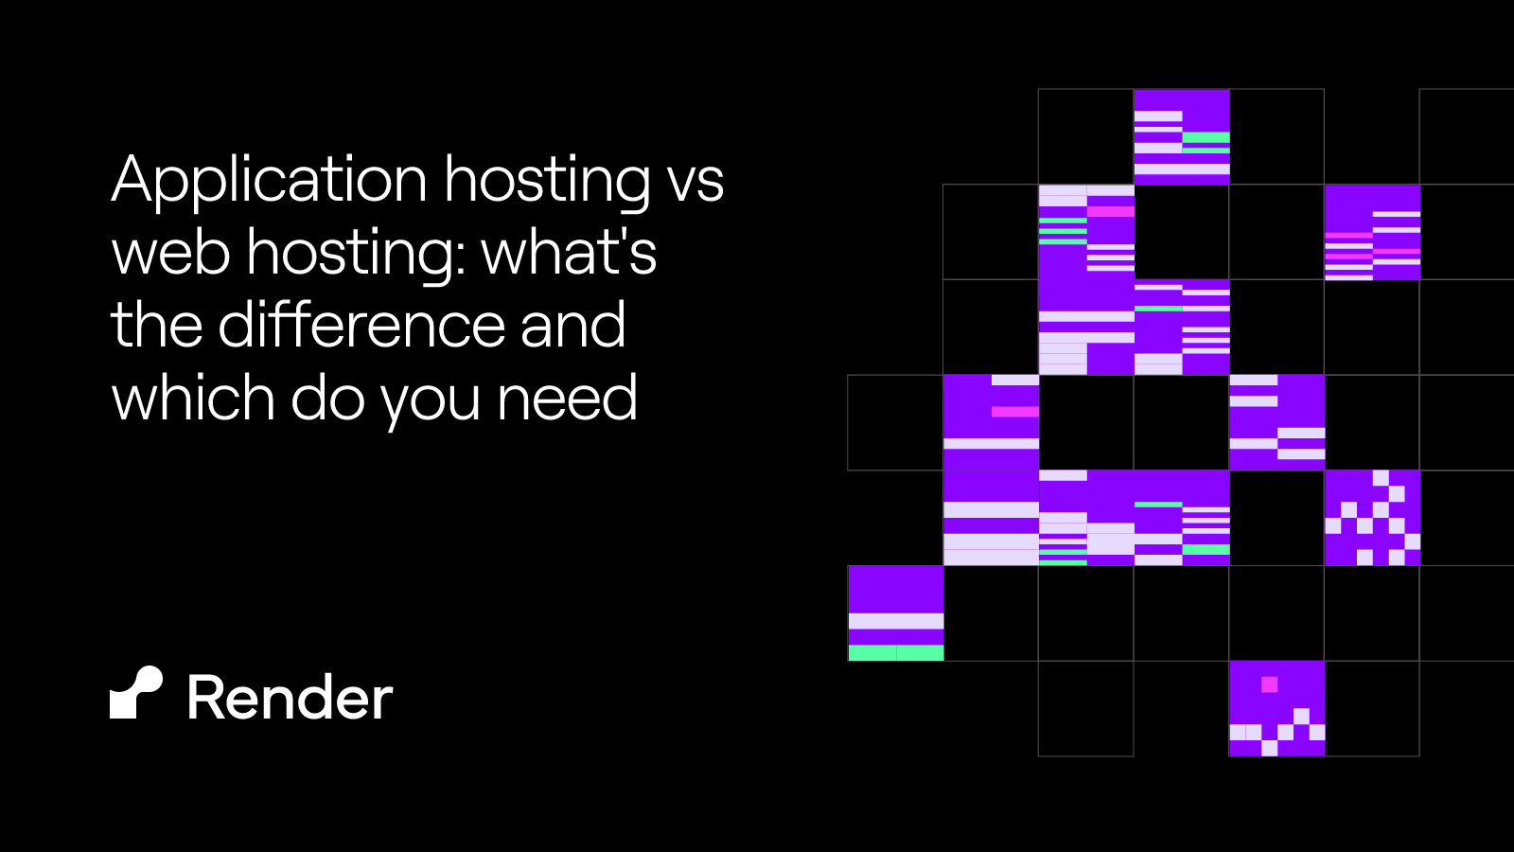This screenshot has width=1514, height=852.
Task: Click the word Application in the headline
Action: (269, 180)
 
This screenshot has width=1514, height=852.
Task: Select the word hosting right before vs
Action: (547, 180)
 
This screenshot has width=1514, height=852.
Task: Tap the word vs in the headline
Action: (695, 180)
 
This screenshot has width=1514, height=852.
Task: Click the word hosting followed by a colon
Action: (350, 253)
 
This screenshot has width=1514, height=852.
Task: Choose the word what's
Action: (568, 253)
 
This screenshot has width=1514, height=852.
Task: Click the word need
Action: (568, 398)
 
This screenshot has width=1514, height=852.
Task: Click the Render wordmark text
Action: (290, 699)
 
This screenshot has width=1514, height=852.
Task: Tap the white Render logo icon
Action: (136, 693)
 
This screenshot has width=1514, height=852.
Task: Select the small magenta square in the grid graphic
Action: (1270, 684)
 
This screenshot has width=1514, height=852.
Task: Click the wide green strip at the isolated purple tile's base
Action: (896, 653)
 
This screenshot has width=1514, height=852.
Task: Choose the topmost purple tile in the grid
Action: (1182, 136)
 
